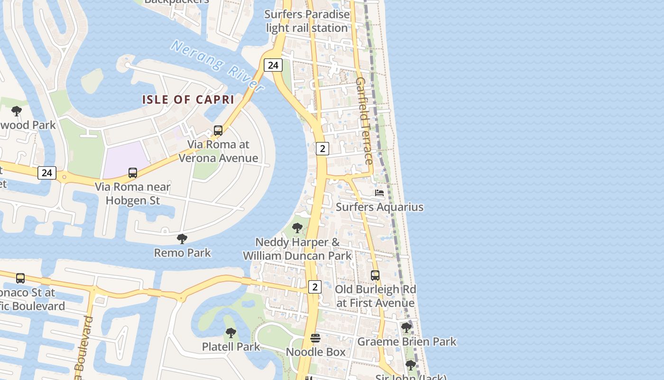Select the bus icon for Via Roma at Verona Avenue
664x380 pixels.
click(218, 130)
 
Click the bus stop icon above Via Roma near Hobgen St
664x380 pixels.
click(133, 173)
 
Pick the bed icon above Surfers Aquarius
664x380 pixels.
click(379, 193)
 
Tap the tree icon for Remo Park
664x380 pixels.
click(182, 238)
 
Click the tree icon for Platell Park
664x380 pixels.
click(231, 332)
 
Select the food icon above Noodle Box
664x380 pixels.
click(315, 338)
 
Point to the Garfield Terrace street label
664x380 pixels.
click(364, 121)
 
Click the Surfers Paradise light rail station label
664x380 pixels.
click(307, 21)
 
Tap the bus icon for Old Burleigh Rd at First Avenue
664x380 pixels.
click(375, 275)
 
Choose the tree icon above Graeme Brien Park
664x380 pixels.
click(406, 328)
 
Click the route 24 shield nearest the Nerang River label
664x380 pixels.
click(273, 65)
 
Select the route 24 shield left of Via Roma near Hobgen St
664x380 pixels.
click(46, 173)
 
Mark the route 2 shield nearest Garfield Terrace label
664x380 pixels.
click(322, 149)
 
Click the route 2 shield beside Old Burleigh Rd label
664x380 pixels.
click(314, 287)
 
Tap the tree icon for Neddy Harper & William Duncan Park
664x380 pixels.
click(297, 228)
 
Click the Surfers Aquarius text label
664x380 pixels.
click(379, 207)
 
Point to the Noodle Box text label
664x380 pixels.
click(315, 352)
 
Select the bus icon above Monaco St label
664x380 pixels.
click(20, 278)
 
